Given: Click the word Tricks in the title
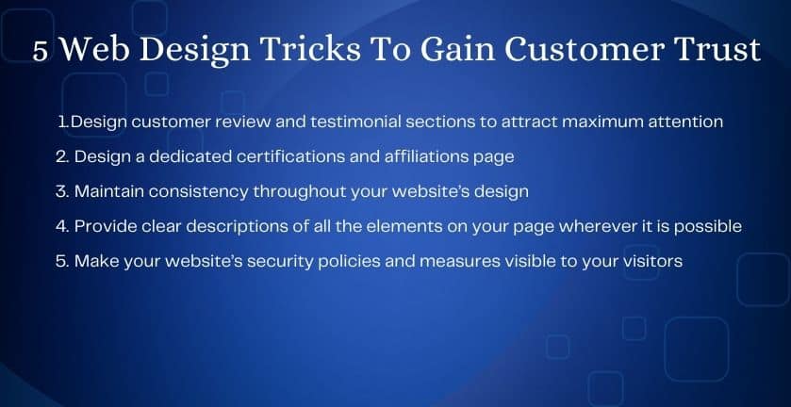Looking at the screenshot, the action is point(311,50).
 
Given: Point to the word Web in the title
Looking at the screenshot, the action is point(95,50).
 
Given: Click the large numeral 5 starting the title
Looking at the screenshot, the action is point(41,52).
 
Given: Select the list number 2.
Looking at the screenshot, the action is point(62,156).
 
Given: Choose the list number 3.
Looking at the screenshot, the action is point(62,191).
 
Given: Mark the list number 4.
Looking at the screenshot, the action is point(62,226).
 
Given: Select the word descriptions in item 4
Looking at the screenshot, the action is point(238,227).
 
